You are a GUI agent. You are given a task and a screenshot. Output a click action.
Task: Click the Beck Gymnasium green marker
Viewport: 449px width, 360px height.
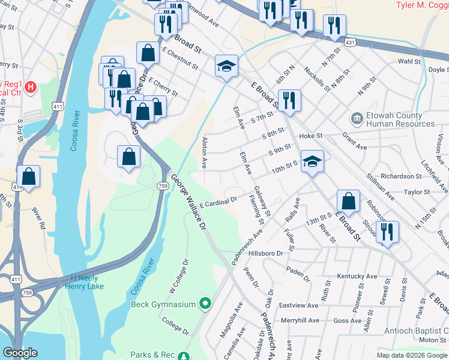[205, 304]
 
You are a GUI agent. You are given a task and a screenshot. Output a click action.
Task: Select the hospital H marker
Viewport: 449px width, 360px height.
[31, 87]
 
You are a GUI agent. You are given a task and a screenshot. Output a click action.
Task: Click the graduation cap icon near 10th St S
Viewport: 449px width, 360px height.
[312, 161]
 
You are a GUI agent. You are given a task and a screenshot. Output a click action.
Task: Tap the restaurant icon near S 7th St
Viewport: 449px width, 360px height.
[289, 100]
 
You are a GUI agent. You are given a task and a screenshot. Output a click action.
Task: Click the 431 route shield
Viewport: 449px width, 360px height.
[351, 43]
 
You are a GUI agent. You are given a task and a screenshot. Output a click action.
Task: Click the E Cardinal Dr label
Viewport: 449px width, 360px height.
[219, 202]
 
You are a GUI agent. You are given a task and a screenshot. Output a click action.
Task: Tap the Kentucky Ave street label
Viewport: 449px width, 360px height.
[357, 277]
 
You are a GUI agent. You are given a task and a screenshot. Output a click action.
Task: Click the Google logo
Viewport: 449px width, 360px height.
[20, 353]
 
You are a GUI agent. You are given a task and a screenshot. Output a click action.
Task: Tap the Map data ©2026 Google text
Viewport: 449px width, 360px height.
[411, 354]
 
